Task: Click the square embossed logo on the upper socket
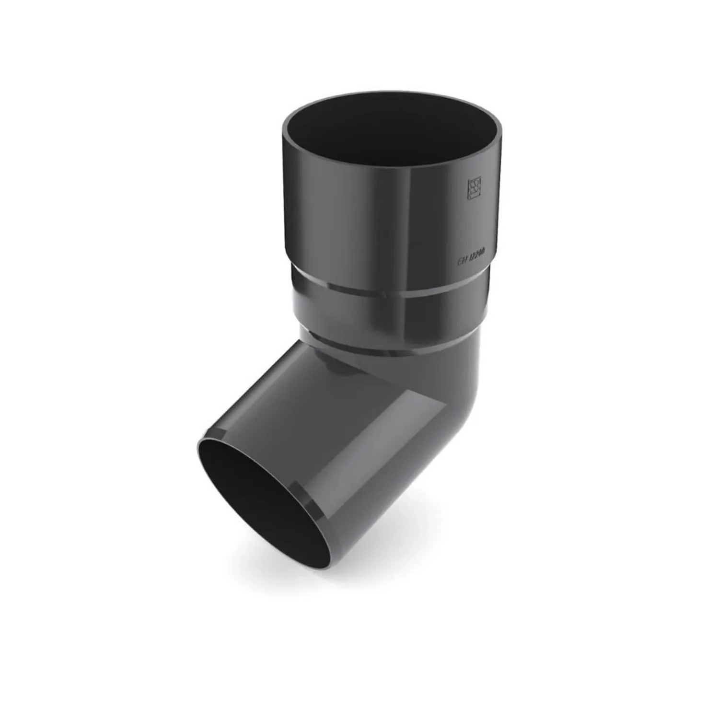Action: [x=474, y=189]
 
